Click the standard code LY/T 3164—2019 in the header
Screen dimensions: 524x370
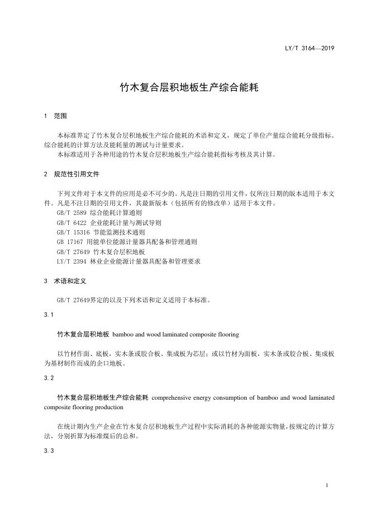[309, 48]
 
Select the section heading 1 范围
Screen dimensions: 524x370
[55, 116]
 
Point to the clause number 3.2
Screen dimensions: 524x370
[49, 378]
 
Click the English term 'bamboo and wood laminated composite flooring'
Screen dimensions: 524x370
[175, 334]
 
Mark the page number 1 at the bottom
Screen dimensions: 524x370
[326, 485]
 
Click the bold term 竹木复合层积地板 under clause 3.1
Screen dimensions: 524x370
[83, 334]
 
